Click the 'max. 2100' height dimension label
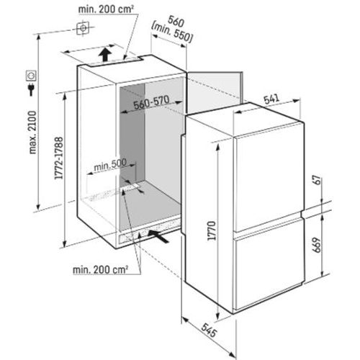click(32, 132)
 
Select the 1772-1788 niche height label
click(59, 158)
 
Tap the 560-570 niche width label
click(151, 102)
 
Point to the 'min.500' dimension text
click(110, 165)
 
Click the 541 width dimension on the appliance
click(271, 99)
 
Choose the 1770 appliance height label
click(212, 230)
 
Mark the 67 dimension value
click(318, 180)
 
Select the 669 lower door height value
click(317, 245)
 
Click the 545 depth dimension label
click(209, 330)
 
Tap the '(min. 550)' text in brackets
click(172, 34)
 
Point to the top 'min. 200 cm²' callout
click(106, 9)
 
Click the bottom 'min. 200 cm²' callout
click(100, 270)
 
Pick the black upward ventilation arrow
click(105, 54)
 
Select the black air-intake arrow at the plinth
click(158, 237)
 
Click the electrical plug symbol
click(31, 89)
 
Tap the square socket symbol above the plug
click(31, 76)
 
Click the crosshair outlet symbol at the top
click(83, 28)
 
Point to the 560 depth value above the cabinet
click(176, 22)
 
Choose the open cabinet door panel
click(215, 92)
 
